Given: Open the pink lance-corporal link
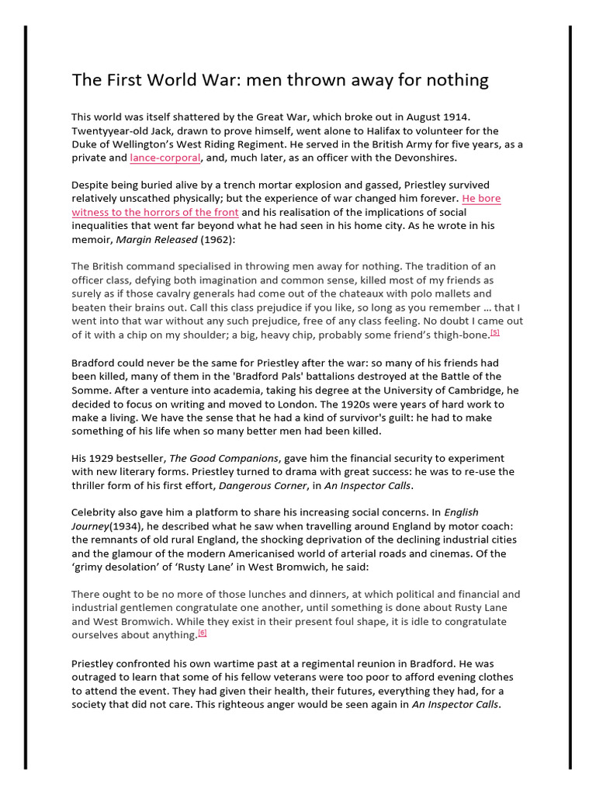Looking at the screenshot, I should [x=165, y=158].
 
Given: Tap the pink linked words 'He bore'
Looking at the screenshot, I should [x=481, y=199].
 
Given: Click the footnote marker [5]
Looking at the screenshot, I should [x=494, y=332].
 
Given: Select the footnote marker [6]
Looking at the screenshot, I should [x=203, y=633].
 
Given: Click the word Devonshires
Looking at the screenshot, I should [x=424, y=158].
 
